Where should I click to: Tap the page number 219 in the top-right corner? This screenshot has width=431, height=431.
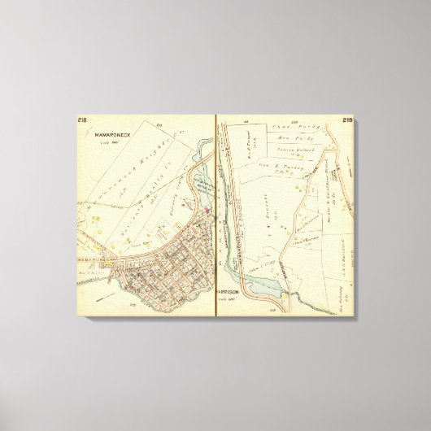[x=347, y=120]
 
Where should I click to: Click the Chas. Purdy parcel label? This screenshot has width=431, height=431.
[x=281, y=127]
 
